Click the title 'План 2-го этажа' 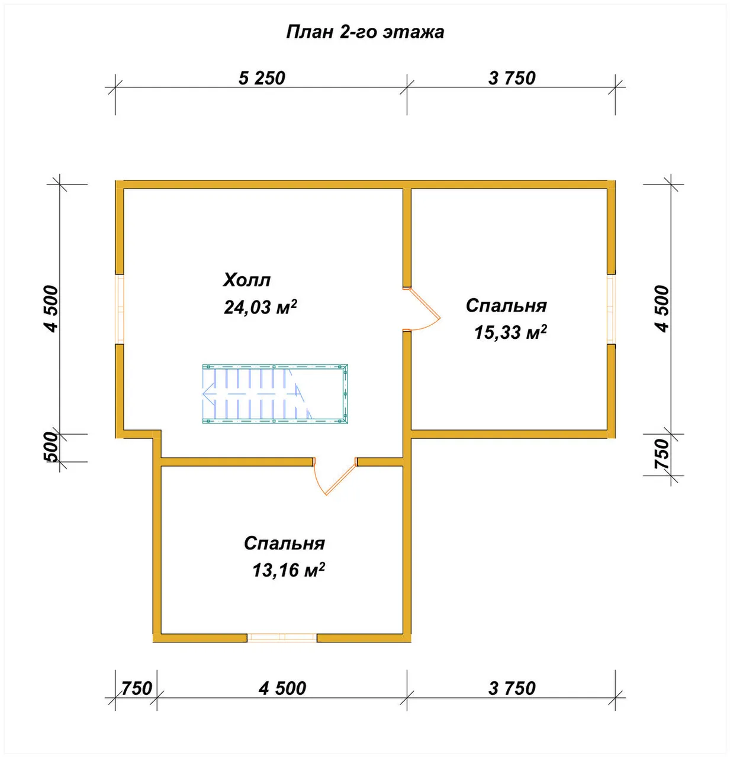tap(365, 32)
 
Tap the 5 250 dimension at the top tap(262, 78)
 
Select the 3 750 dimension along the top tap(512, 78)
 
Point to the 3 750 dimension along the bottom tap(512, 688)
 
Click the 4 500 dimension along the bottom tap(282, 688)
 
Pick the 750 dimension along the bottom tap(136, 688)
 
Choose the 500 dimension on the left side tap(52, 447)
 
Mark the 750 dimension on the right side tap(661, 454)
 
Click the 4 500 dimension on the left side tap(52, 309)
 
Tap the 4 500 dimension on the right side tap(661, 309)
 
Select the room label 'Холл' tap(246, 280)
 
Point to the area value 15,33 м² tap(510, 332)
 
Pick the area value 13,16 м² tap(288, 570)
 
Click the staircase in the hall tap(275, 394)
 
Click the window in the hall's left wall tap(120, 310)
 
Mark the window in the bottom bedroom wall tap(282, 637)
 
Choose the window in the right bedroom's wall tap(611, 310)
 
